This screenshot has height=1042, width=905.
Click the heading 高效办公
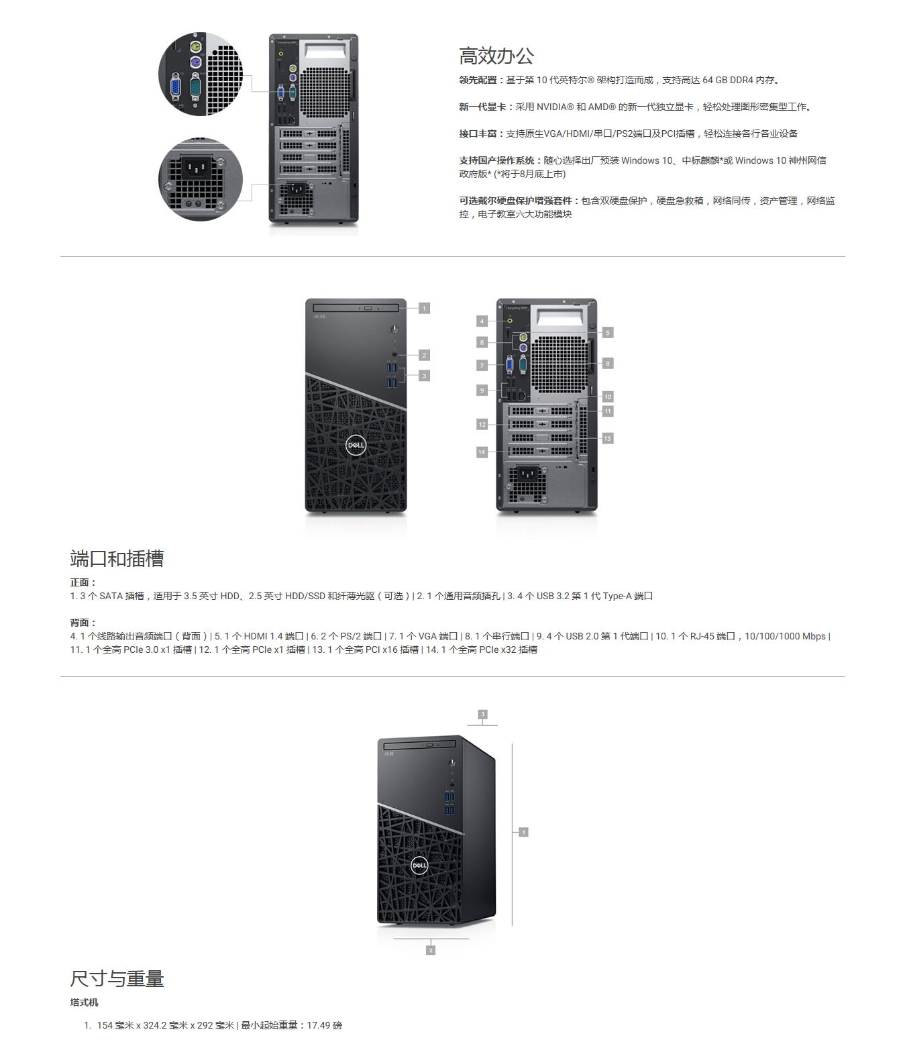pyautogui.click(x=496, y=56)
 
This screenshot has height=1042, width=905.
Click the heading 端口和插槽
pyautogui.click(x=117, y=558)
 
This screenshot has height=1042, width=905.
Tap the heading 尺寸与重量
pyautogui.click(x=117, y=978)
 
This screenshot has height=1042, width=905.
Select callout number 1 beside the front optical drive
pyautogui.click(x=424, y=308)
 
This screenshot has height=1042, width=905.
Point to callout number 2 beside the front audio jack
pyautogui.click(x=424, y=355)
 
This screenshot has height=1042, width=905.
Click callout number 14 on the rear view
pyautogui.click(x=482, y=452)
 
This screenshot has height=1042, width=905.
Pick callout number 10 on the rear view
pyautogui.click(x=608, y=397)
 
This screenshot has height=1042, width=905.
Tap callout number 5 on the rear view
pyautogui.click(x=608, y=333)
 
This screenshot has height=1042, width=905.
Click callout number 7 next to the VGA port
pyautogui.click(x=482, y=365)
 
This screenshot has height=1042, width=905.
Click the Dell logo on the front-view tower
pyautogui.click(x=356, y=445)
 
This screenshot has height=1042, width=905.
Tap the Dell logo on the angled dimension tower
pyautogui.click(x=419, y=866)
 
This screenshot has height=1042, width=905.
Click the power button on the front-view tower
pyautogui.click(x=394, y=329)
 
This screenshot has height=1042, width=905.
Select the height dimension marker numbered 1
pyautogui.click(x=523, y=832)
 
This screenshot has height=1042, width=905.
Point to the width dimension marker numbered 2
pyautogui.click(x=431, y=950)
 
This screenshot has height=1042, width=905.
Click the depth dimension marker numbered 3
pyautogui.click(x=483, y=714)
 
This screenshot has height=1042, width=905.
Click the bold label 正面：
pyautogui.click(x=83, y=582)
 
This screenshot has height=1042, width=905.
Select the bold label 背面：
pyautogui.click(x=83, y=623)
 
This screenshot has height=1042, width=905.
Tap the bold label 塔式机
pyautogui.click(x=84, y=1002)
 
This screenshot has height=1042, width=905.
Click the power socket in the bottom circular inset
pyautogui.click(x=196, y=166)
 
